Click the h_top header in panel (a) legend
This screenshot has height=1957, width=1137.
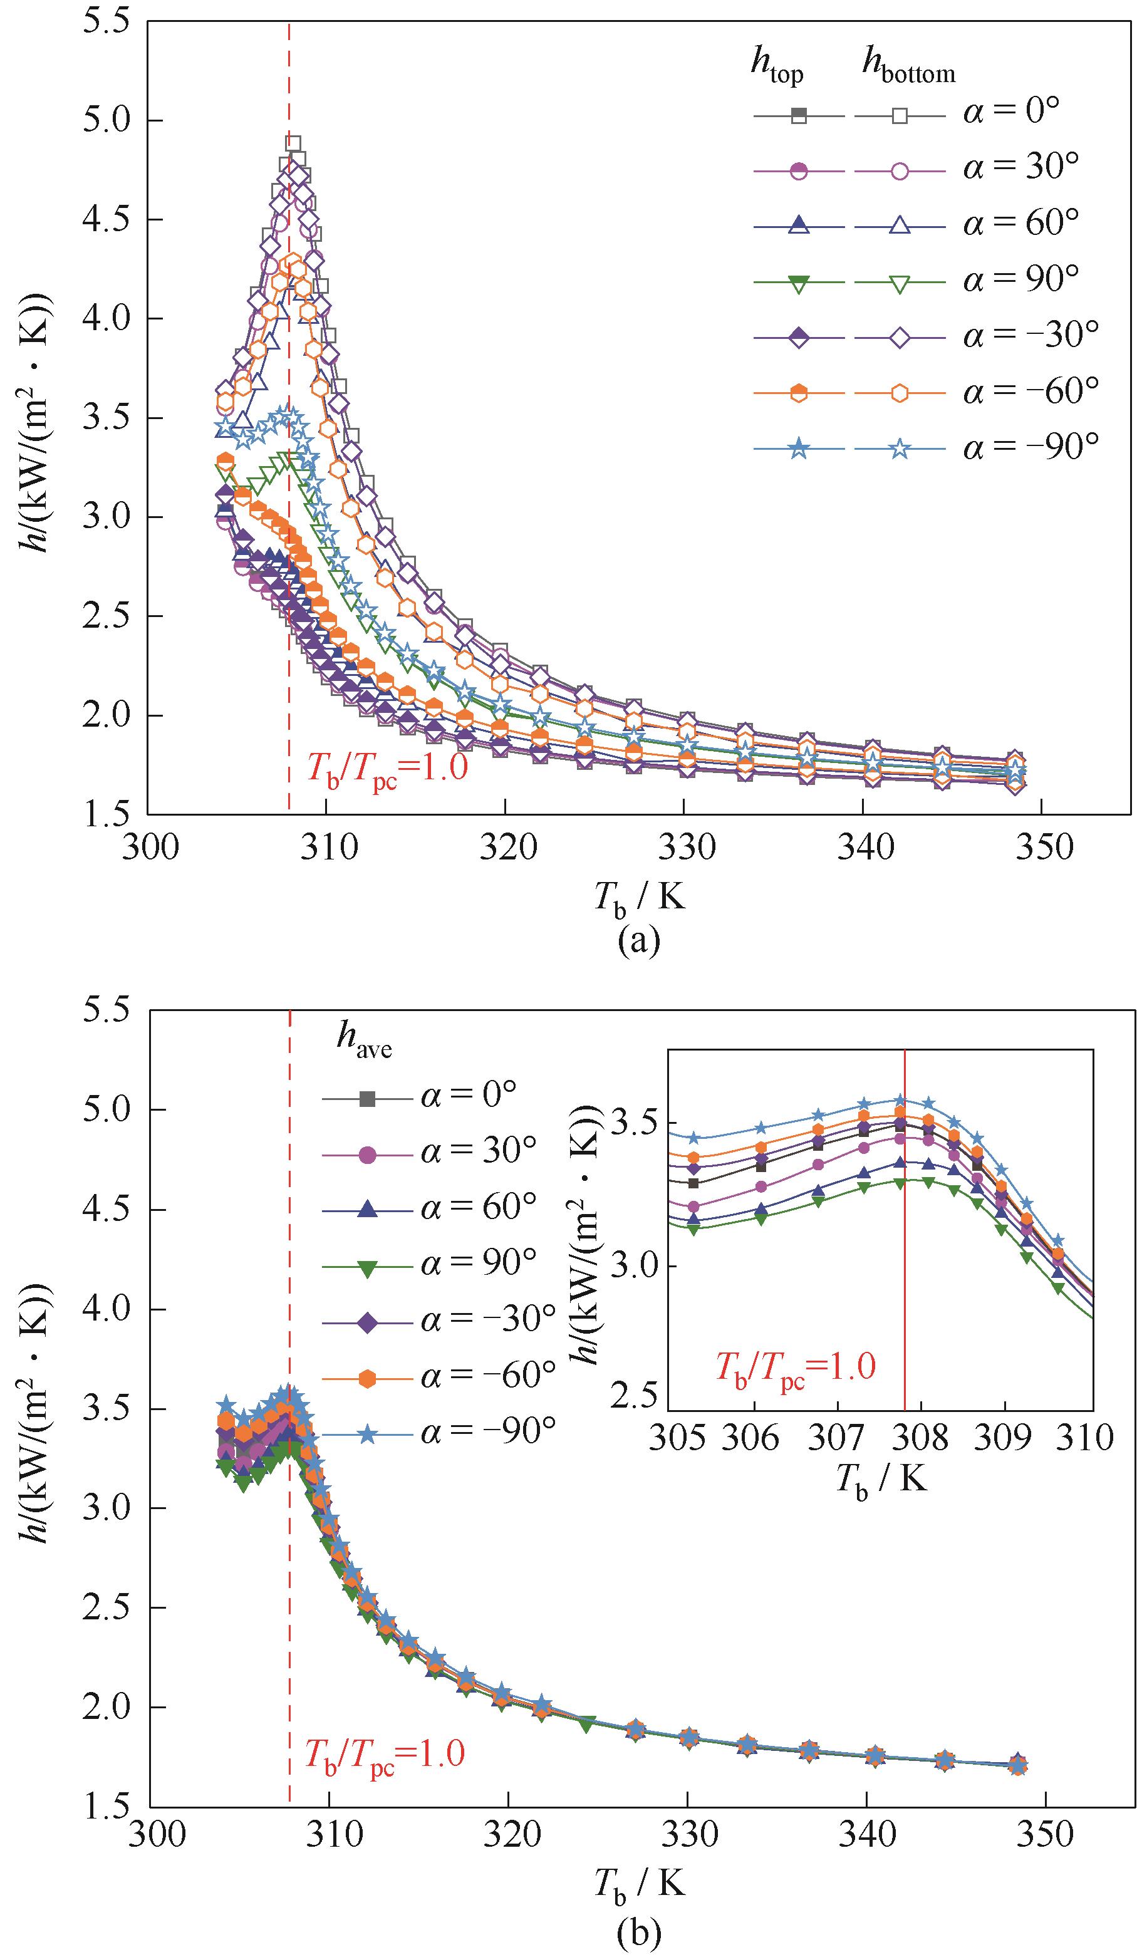776,64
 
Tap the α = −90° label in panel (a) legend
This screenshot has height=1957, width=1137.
1031,447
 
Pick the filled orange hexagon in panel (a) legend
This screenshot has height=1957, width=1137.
798,393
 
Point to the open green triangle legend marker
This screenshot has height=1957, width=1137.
900,283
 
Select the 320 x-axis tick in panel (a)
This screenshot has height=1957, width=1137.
506,847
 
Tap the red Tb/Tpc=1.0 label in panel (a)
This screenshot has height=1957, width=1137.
387,769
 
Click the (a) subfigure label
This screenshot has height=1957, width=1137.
638,940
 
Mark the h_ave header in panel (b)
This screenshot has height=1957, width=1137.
363,1040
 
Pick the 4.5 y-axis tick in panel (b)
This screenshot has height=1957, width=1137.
106,1209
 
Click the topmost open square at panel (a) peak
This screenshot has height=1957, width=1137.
293,143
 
